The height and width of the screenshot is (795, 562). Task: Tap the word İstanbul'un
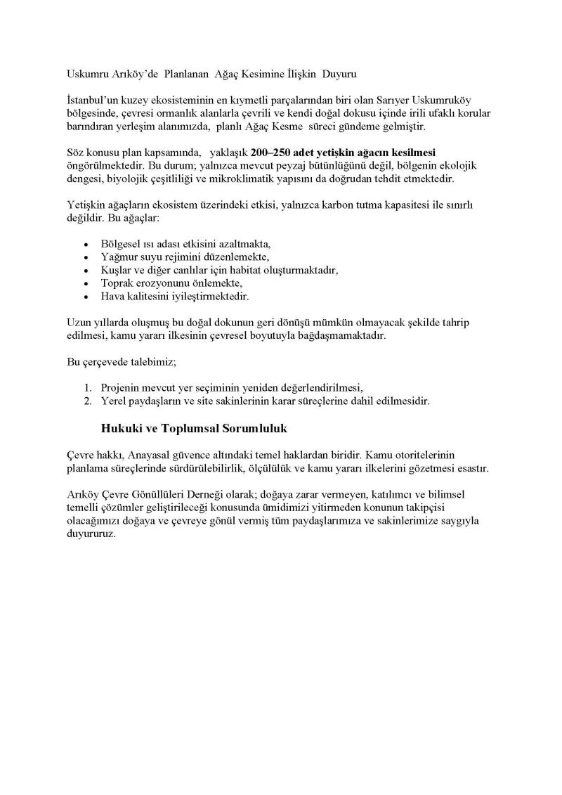point(92,101)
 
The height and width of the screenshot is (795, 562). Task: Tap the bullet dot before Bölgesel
point(85,245)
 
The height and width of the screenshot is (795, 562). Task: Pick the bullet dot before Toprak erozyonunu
point(85,283)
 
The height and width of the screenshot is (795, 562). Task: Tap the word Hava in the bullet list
point(112,297)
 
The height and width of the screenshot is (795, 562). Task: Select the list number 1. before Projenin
point(88,388)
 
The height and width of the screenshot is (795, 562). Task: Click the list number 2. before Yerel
point(88,401)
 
